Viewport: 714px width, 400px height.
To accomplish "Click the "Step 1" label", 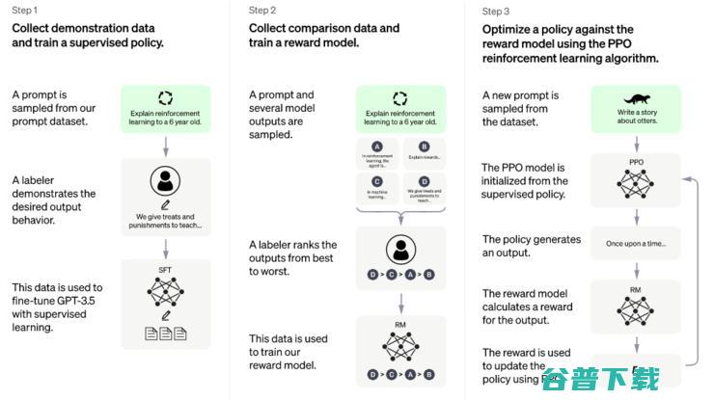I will [25, 11].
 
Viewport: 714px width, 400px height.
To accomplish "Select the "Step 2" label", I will [262, 11].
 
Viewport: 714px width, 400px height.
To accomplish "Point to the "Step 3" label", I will [496, 12].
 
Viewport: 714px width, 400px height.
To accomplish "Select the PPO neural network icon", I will [636, 183].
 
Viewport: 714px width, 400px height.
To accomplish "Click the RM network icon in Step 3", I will [636, 307].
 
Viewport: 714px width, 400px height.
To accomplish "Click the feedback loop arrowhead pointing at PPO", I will [684, 178].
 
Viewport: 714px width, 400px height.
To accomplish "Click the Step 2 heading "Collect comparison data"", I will [324, 28].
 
